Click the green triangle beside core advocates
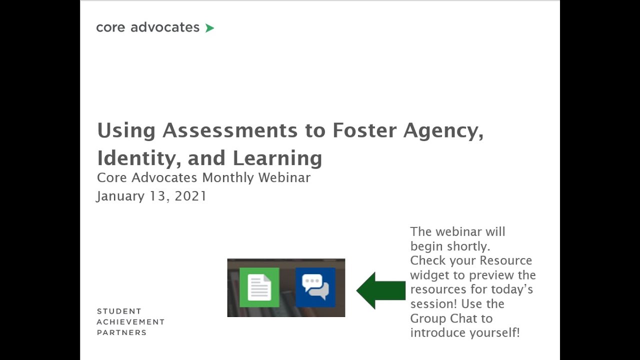pos(209,28)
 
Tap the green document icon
pos(259,287)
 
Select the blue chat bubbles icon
pos(315,287)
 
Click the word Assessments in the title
pos(230,130)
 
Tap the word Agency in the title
pos(443,130)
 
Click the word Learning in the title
pos(277,158)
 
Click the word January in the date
pos(120,196)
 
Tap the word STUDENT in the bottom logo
pos(119,311)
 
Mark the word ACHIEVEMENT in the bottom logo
pos(130,322)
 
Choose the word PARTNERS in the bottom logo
pos(121,332)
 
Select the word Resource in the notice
pos(505,260)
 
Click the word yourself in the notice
pos(492,332)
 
